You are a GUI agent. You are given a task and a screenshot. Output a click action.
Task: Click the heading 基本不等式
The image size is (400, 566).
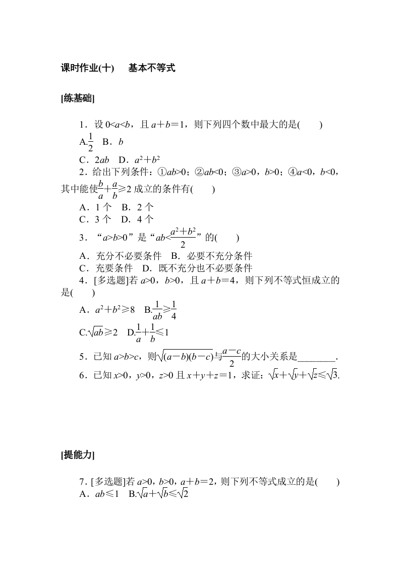pyautogui.click(x=151, y=68)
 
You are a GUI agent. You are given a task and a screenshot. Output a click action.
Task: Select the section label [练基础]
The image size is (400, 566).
pyautogui.click(x=77, y=98)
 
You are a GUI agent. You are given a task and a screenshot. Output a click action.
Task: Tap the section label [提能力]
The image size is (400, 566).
pyautogui.click(x=77, y=455)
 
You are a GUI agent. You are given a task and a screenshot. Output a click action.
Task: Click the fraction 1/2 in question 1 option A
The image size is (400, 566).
pyautogui.click(x=91, y=142)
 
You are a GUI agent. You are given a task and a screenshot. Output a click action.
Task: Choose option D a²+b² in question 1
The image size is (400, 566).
pyautogui.click(x=141, y=160)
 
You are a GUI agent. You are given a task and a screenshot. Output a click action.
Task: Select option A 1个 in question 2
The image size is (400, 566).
pyautogui.click(x=95, y=207)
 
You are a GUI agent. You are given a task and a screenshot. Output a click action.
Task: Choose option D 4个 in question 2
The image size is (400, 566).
pyautogui.click(x=138, y=219)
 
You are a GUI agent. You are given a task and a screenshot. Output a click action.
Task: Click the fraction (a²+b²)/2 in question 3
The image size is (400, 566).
pyautogui.click(x=183, y=238)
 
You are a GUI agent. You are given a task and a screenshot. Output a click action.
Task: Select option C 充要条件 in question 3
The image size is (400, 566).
pyautogui.click(x=106, y=268)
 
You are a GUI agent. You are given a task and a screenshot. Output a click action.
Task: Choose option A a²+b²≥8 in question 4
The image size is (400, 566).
pyautogui.click(x=107, y=310)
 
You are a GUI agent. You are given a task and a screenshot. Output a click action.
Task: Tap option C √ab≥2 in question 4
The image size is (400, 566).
pyautogui.click(x=98, y=332)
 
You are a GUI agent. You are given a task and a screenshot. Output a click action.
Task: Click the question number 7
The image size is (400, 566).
pyautogui.click(x=82, y=482)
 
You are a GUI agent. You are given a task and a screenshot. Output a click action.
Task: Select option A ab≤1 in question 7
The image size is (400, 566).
pyautogui.click(x=99, y=494)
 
